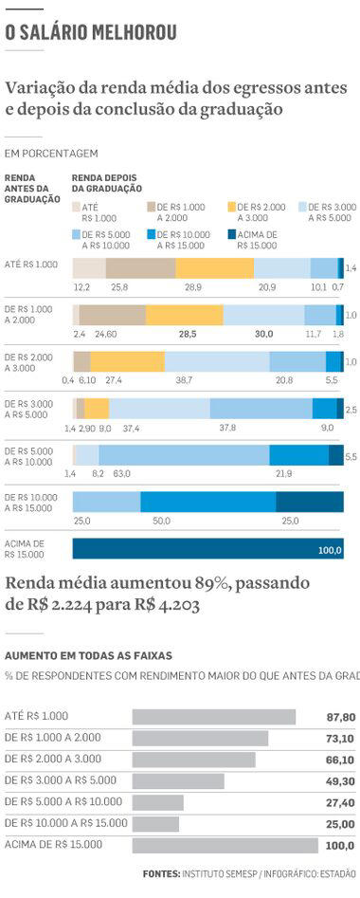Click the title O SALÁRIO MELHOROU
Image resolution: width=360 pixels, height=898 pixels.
point(91,34)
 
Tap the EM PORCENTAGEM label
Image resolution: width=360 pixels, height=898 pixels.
point(51,153)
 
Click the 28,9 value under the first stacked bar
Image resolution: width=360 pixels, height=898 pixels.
point(193,285)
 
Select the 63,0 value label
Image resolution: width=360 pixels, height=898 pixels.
point(121,472)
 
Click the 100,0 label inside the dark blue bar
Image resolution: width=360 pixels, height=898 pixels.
point(329,550)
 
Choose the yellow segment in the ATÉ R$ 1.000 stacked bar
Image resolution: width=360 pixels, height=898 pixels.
point(214,267)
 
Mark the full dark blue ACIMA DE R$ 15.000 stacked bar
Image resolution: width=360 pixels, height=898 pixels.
point(207,549)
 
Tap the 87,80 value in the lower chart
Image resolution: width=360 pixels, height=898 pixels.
point(340,717)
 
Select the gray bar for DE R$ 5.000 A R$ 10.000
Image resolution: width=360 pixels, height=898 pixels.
point(157,802)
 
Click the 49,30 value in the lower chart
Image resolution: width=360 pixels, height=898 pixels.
point(340,781)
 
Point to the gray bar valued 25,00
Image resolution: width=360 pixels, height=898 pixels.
point(155,824)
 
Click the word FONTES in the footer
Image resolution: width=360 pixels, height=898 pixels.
point(160,873)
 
